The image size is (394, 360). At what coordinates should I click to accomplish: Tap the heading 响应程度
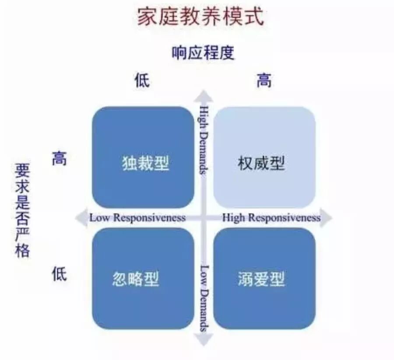pos(202,53)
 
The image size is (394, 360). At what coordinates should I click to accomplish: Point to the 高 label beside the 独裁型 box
pos(59,159)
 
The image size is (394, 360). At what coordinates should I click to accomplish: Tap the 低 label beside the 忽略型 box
pos(59,275)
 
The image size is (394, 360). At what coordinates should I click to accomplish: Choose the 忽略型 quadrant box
pos(143,278)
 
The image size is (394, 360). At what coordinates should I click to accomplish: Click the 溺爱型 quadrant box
pos(264,278)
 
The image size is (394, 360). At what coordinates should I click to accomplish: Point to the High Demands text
pos(203,139)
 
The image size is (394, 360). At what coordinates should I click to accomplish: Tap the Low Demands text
pos(204,297)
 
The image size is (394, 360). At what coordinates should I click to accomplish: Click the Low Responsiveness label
pos(137,218)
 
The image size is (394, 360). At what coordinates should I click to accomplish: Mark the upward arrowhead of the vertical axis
pos(203,95)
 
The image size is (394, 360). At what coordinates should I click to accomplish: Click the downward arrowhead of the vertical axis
pos(204,339)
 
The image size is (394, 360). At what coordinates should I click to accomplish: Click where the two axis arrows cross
pos(203,218)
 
